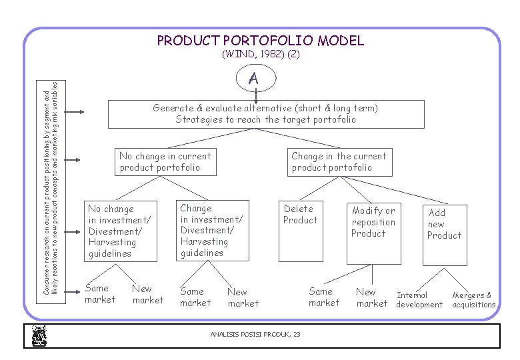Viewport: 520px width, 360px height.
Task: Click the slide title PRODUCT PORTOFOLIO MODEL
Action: click(260, 41)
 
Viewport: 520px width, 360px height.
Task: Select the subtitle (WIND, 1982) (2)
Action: click(260, 55)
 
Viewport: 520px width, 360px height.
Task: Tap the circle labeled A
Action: click(253, 79)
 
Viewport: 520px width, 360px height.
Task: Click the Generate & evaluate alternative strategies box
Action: click(265, 114)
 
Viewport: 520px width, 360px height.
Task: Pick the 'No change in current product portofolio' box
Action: click(165, 162)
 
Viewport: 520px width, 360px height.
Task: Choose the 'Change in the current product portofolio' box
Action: click(338, 162)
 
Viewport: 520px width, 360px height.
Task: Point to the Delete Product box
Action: click(300, 214)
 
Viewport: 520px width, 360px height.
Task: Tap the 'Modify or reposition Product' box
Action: click(373, 222)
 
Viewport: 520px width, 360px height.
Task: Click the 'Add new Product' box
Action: click(444, 224)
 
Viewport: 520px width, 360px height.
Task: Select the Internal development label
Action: click(419, 299)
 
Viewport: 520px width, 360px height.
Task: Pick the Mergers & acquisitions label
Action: click(473, 299)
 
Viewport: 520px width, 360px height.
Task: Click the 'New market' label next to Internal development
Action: click(371, 297)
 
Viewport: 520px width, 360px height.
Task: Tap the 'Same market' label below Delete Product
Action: click(323, 297)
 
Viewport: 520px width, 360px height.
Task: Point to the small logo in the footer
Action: click(38, 336)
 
